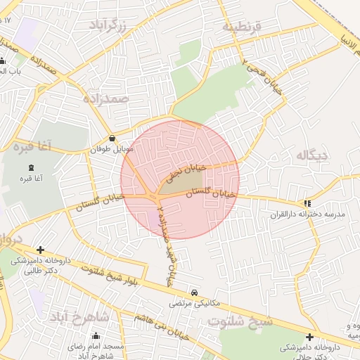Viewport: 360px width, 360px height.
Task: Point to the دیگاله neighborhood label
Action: click(313, 155)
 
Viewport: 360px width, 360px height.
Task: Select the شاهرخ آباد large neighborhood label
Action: click(78, 316)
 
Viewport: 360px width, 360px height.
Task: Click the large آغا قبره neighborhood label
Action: click(26, 147)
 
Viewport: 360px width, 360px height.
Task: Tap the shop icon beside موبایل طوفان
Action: click(112, 138)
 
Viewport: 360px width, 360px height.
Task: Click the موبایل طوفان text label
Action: click(106, 150)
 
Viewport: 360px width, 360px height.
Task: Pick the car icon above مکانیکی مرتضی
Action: click(194, 292)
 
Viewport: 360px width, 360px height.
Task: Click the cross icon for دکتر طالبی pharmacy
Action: click(41, 250)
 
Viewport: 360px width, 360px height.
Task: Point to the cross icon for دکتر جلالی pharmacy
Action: click(310, 337)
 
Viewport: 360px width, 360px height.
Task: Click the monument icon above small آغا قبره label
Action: click(31, 167)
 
